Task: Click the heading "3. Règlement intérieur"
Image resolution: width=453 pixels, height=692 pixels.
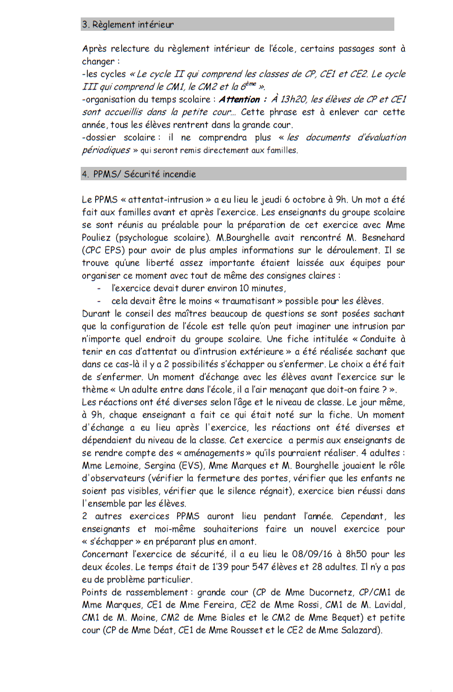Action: (128, 24)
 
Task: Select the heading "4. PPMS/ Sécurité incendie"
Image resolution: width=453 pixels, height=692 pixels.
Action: (139, 174)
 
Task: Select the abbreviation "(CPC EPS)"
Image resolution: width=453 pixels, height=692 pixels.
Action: (106, 251)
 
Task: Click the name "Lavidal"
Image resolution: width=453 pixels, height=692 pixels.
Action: (386, 605)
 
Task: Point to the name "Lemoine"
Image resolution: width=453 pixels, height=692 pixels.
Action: (122, 465)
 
